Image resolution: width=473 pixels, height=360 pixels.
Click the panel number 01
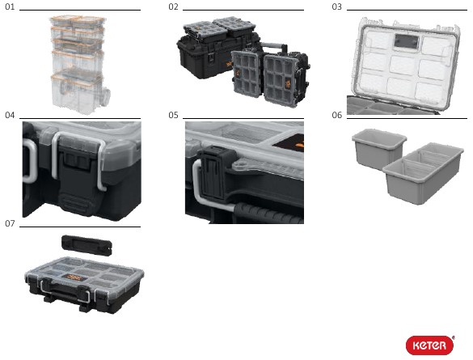pos(10,6)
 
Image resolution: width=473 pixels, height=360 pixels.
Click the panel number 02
pos(173,6)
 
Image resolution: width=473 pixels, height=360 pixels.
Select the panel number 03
pos(336,6)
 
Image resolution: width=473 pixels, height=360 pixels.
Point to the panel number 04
pos(10,115)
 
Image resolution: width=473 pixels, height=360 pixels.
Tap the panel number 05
pos(173,115)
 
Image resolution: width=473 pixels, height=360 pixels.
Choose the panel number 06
pos(336,115)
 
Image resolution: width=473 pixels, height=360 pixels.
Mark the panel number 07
pos(10,223)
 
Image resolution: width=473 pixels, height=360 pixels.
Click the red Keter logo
pos(430,345)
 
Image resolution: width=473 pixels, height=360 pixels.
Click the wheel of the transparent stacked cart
pos(106,96)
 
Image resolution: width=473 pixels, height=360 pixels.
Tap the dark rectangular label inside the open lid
pos(406,41)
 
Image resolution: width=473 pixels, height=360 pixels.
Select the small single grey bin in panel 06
pos(378,149)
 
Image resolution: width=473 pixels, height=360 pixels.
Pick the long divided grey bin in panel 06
pos(423,173)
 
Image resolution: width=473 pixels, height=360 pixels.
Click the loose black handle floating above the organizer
pos(87,245)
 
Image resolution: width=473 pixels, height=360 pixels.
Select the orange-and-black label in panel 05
pos(289,142)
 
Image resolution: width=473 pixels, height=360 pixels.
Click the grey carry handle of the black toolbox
pos(274,46)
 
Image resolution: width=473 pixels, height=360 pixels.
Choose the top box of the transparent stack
pos(78,21)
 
